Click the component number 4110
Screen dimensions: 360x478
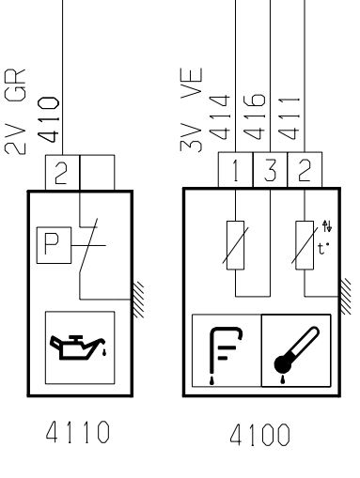pos(78,432)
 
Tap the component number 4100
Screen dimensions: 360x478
pos(260,435)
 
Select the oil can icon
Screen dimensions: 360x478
pos(78,347)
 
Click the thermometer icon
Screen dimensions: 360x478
pos(296,354)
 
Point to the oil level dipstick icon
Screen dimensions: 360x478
pos(226,355)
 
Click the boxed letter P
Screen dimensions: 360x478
pos(54,245)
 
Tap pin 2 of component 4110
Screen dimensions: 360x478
pos(62,172)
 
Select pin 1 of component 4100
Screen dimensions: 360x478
pos(235,170)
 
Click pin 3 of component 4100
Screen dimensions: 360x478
pos(270,170)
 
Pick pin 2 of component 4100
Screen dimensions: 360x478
pos(305,170)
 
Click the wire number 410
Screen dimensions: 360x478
pos(49,119)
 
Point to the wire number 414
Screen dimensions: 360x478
pos(219,117)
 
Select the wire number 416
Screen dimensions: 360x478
pos(254,116)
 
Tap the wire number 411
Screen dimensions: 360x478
pos(289,118)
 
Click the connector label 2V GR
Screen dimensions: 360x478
pos(15,112)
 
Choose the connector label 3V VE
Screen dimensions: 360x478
pos(192,110)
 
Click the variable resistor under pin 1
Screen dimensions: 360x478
pos(235,245)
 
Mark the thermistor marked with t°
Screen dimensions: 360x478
pos(305,245)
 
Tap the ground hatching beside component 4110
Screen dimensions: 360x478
pos(138,300)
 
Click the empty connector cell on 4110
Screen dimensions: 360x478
pos(97,172)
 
